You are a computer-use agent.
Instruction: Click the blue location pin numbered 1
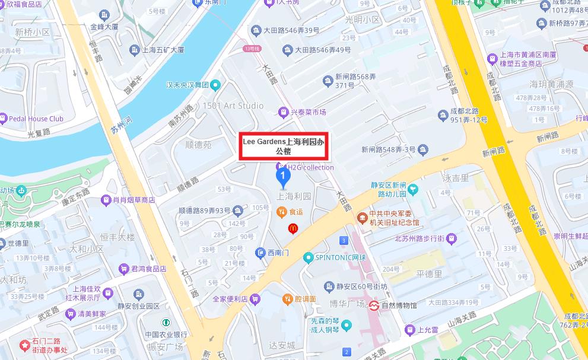(x=284, y=175)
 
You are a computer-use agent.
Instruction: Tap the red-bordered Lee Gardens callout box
(x=283, y=146)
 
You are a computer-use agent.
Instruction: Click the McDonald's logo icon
(x=292, y=228)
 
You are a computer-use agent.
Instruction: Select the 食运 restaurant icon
(x=282, y=211)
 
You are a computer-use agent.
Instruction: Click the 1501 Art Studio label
(x=233, y=106)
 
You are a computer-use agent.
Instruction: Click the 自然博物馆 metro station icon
(x=374, y=306)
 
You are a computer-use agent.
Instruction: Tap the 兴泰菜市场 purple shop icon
(x=284, y=111)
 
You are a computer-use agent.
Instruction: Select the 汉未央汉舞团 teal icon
(x=217, y=85)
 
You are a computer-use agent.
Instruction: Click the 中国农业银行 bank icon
(x=166, y=322)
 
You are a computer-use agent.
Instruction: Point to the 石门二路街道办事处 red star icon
(x=24, y=344)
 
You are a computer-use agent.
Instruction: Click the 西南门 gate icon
(x=260, y=253)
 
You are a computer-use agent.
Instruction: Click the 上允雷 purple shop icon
(x=409, y=330)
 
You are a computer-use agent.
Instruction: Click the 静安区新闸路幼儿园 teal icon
(x=413, y=190)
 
